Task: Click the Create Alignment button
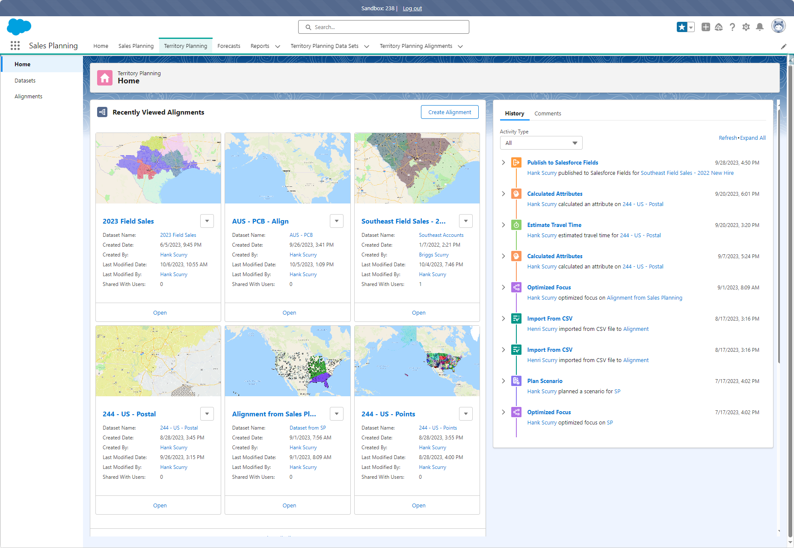tap(450, 112)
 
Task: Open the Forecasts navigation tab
tap(229, 46)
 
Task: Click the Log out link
tap(412, 8)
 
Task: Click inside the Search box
tap(384, 27)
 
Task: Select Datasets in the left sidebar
tap(25, 80)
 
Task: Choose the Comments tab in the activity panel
tap(548, 113)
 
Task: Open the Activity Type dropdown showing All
tap(541, 143)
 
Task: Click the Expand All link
tap(753, 138)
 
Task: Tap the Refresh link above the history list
tap(728, 138)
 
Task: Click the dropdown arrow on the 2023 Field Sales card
tap(207, 221)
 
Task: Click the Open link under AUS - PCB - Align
tap(289, 312)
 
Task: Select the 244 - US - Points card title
tap(388, 414)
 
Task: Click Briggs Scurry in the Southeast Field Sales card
tap(434, 255)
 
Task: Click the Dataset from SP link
tap(308, 428)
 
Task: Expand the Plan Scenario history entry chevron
tap(504, 381)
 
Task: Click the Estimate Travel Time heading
tap(554, 225)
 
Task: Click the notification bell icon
tap(760, 27)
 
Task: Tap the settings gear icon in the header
tap(746, 27)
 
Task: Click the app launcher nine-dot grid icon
tap(15, 46)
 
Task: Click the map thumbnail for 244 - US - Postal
tap(158, 361)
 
